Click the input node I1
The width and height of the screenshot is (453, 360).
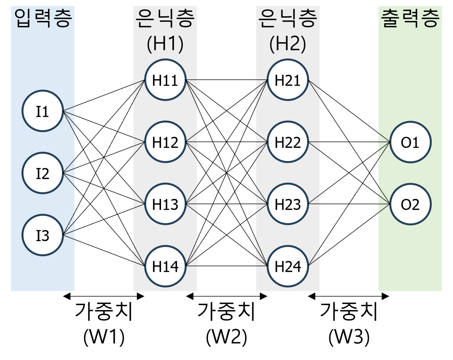pos(42,111)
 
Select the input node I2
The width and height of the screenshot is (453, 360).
pos(42,173)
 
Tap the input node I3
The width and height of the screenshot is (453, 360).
pos(42,235)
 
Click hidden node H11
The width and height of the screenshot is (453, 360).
pos(165,80)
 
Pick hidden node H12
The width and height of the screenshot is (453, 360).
pos(165,142)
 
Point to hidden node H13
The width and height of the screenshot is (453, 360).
pos(165,204)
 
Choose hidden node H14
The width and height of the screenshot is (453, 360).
pos(165,266)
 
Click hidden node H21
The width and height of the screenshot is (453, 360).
pos(288,80)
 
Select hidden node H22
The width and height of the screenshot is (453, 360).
pos(288,142)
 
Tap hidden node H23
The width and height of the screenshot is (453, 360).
pos(288,204)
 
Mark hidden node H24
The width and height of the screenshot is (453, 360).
pos(288,266)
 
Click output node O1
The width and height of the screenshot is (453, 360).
pos(410,142)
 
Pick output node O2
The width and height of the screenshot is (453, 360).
pos(410,204)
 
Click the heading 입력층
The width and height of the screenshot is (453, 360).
pos(43,18)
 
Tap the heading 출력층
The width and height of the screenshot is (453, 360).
pos(410,18)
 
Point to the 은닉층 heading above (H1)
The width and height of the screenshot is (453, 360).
pos(165,18)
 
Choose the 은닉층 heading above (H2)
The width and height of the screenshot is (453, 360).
pos(288,18)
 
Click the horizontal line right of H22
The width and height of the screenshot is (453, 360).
pos(314,142)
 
